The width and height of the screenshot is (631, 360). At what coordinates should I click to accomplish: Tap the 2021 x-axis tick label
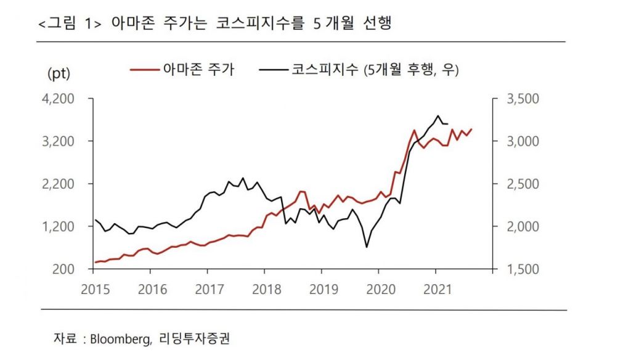[x=435, y=288]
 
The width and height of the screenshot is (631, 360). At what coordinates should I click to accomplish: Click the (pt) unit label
[x=59, y=74]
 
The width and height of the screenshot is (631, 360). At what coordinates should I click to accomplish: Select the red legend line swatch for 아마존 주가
[x=144, y=70]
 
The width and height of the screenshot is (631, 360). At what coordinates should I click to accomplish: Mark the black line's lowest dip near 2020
[x=367, y=247]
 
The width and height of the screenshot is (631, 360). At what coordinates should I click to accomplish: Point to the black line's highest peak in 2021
[x=438, y=115]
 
